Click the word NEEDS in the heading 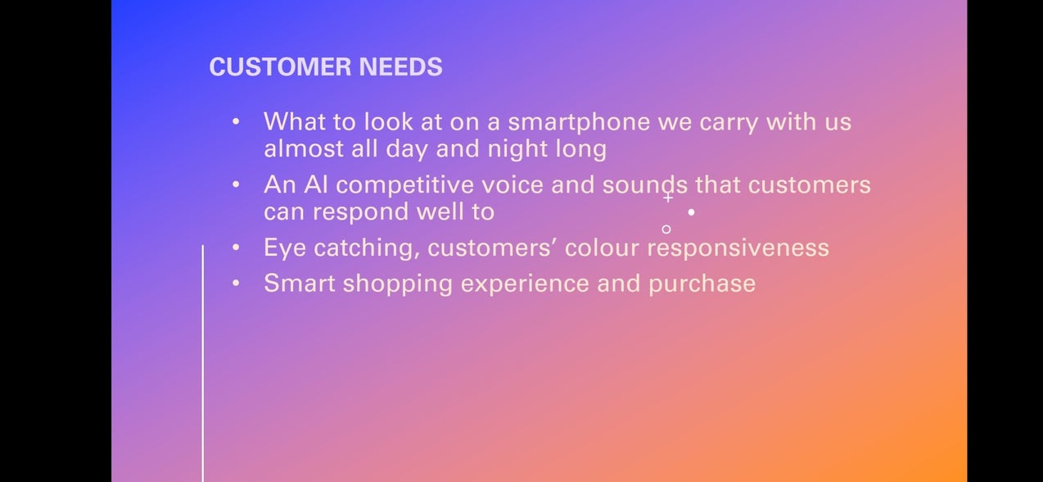pyautogui.click(x=401, y=66)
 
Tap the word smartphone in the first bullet pyautogui.click(x=579, y=123)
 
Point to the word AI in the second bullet pyautogui.click(x=316, y=184)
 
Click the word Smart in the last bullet pyautogui.click(x=300, y=284)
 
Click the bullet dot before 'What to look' pyautogui.click(x=236, y=121)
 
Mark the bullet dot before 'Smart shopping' pyautogui.click(x=236, y=283)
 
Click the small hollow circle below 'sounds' pyautogui.click(x=666, y=230)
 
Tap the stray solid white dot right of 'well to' pyautogui.click(x=692, y=212)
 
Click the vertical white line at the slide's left pyautogui.click(x=202, y=364)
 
